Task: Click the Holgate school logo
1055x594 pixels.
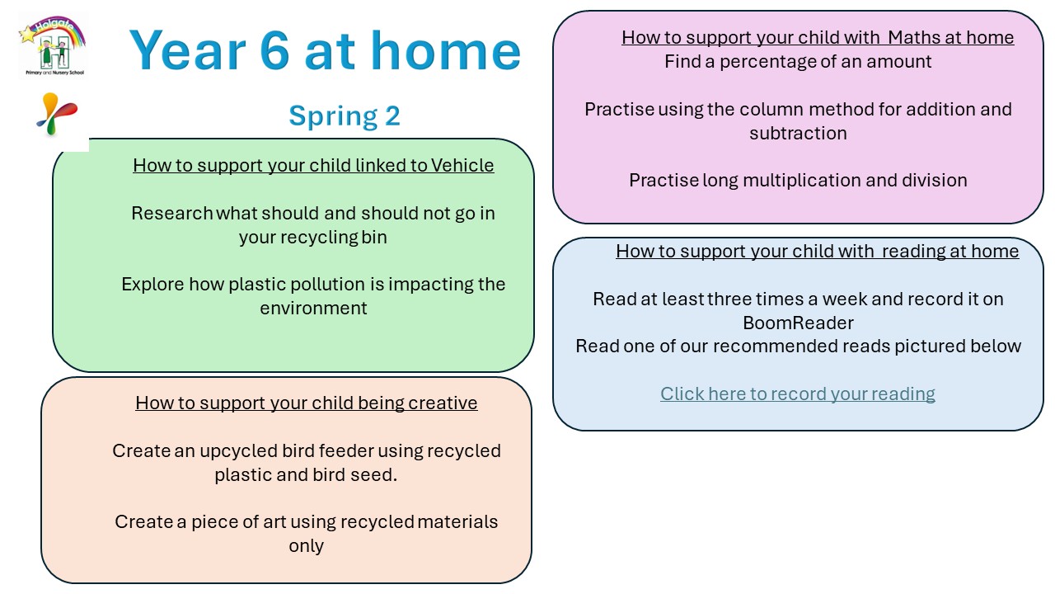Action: [53, 45]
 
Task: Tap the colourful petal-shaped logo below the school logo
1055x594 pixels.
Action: [57, 114]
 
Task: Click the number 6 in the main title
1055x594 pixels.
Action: [274, 50]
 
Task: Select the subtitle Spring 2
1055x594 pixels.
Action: [345, 116]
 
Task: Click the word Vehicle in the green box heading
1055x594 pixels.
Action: [462, 166]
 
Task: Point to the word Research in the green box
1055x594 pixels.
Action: [172, 213]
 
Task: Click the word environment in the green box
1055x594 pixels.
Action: [313, 309]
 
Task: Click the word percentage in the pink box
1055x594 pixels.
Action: [767, 62]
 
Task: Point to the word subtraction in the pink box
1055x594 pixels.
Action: [798, 134]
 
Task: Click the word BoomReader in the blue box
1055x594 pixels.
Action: [798, 323]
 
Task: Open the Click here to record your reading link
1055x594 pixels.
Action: [797, 394]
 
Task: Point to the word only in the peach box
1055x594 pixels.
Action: [306, 546]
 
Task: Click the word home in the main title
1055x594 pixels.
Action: [446, 50]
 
